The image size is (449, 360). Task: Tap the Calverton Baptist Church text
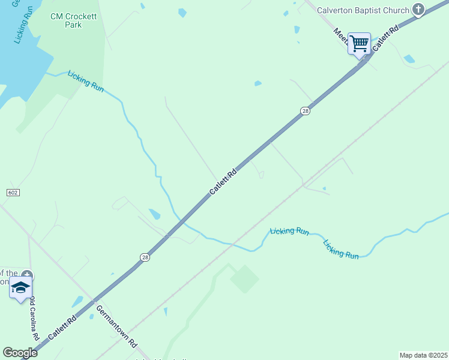click(x=363, y=10)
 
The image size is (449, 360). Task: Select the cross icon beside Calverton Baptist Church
click(x=419, y=10)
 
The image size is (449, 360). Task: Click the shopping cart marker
click(x=359, y=43)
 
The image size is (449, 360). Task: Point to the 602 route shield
click(x=13, y=193)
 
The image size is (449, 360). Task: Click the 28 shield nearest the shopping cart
click(x=305, y=111)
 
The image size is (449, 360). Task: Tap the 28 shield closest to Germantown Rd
click(x=145, y=257)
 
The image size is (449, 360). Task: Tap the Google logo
click(x=20, y=353)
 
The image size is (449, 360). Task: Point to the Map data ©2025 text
click(x=423, y=355)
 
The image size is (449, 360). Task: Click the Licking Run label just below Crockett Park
click(x=86, y=81)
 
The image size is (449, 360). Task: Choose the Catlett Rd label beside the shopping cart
click(x=385, y=38)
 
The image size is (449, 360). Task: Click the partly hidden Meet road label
click(x=339, y=36)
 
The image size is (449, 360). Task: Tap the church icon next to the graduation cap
click(x=28, y=276)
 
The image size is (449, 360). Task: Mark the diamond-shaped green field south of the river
click(x=244, y=279)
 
